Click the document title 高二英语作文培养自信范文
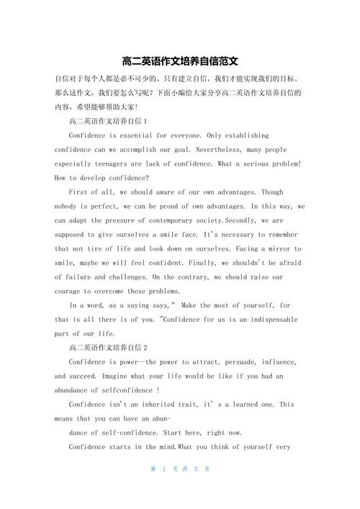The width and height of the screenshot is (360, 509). (180, 61)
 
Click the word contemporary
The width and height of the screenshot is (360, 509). (189, 220)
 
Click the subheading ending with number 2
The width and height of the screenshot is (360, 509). (107, 347)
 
